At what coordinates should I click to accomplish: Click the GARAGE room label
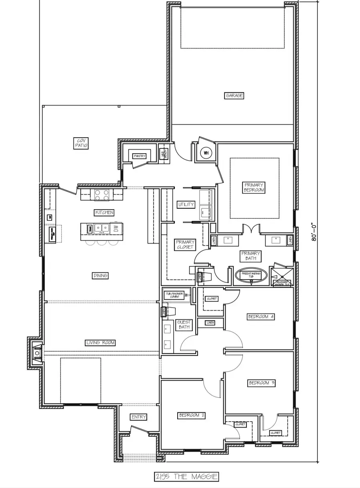234,96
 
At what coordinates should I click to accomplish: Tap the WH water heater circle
206,152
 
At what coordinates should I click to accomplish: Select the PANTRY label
139,156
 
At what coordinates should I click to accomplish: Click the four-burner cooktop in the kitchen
102,195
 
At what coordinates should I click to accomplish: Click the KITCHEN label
104,212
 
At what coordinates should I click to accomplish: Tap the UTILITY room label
186,204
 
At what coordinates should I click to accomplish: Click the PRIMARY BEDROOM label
254,188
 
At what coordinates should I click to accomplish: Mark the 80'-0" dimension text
314,232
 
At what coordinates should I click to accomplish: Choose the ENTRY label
139,417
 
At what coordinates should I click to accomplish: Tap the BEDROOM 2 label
192,416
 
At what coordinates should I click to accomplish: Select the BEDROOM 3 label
261,383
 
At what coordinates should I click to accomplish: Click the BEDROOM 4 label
261,317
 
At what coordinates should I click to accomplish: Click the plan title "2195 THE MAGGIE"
186,476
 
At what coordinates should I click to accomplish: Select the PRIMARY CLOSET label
185,244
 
